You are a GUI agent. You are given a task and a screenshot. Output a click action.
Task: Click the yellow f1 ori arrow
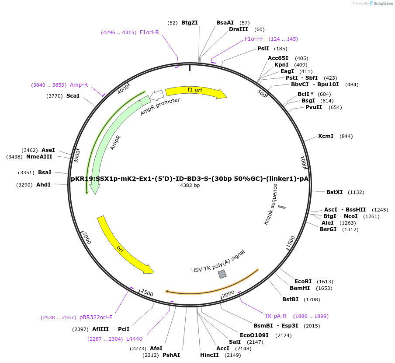195,91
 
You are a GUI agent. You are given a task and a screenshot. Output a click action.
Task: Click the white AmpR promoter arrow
156,95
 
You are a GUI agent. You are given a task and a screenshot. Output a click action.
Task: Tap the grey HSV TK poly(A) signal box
222,274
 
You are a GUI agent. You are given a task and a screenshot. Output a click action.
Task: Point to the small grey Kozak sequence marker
282,207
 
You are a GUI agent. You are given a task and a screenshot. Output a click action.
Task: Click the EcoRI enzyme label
303,282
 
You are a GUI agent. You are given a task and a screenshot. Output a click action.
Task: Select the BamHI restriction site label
300,288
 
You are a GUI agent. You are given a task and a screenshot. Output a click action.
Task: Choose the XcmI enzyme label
326,136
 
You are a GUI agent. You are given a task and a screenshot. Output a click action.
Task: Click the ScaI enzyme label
73,96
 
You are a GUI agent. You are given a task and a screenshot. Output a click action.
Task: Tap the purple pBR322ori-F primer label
96,317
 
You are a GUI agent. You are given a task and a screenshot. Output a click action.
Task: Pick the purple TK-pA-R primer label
275,316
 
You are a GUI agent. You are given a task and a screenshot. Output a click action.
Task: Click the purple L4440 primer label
134,339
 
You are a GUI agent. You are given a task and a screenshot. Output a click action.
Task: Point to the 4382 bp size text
190,186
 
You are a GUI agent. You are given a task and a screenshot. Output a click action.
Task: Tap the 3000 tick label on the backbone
87,238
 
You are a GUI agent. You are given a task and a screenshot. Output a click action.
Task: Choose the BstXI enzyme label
335,192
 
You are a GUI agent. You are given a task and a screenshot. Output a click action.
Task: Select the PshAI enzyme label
171,355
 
